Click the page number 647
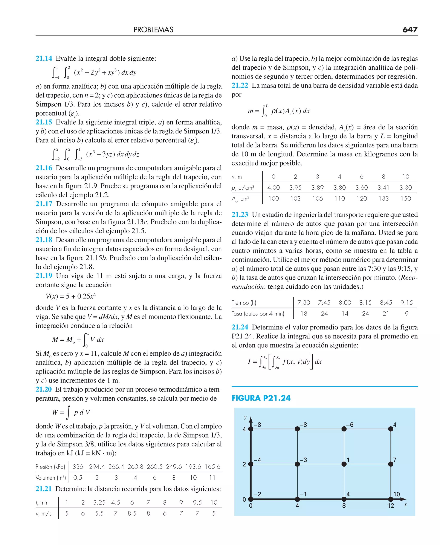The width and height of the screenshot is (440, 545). point(410,30)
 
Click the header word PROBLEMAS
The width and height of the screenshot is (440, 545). point(153,30)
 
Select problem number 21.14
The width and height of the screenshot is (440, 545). point(44,58)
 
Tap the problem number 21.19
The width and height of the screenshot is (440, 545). point(44,276)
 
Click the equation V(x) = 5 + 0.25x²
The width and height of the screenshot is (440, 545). point(70,296)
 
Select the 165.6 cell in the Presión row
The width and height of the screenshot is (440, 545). point(212,467)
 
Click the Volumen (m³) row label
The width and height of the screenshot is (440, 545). point(51,478)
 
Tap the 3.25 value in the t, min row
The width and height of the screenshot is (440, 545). point(99,502)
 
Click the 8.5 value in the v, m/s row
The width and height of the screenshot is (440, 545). point(132,513)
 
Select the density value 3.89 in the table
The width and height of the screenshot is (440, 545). point(317,188)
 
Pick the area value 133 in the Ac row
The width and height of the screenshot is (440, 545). point(383,199)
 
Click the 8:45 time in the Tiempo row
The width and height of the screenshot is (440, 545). point(386,303)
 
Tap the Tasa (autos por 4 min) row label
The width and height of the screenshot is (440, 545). point(258,314)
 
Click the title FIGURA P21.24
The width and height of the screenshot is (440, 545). point(261,398)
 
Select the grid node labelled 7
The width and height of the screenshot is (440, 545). point(391,464)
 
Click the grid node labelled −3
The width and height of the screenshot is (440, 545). point(297,464)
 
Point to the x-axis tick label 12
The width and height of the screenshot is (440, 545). point(391,506)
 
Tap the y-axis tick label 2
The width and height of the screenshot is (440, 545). point(244,464)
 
